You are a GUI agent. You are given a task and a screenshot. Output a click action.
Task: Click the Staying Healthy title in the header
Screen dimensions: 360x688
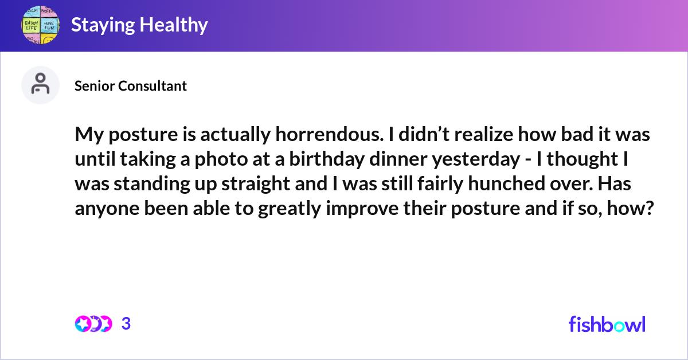tap(139, 25)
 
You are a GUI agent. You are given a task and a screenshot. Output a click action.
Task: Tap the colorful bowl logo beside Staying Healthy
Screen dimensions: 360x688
tap(40, 25)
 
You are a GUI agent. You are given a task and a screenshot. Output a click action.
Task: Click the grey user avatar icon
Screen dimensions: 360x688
tap(40, 85)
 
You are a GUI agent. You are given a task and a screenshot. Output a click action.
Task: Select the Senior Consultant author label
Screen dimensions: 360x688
tap(131, 86)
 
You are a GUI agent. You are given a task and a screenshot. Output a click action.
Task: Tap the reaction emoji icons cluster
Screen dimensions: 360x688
tap(93, 324)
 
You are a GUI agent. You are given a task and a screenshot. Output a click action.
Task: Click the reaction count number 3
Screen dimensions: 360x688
tap(126, 324)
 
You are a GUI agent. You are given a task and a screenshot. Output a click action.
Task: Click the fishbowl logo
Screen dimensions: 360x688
tap(607, 324)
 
